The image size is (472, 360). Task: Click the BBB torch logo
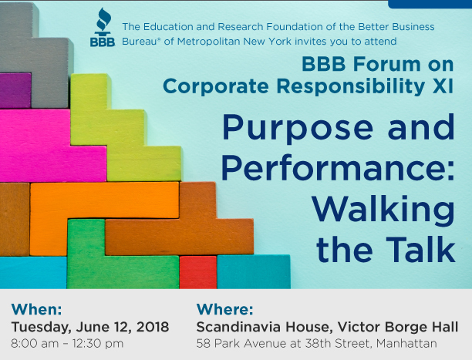point(103,27)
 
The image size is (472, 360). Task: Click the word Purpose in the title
point(298,128)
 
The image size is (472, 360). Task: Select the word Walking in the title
point(383,210)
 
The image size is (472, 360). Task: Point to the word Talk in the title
point(421,249)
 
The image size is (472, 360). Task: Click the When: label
point(37,309)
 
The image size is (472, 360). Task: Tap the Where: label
point(224,309)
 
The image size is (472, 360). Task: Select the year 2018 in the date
point(153,327)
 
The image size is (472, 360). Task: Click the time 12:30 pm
point(99,344)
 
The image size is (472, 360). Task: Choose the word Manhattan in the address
point(406,344)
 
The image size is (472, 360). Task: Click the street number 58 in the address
point(203,344)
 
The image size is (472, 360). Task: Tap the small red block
point(198,272)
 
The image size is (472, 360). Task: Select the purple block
point(15,91)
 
